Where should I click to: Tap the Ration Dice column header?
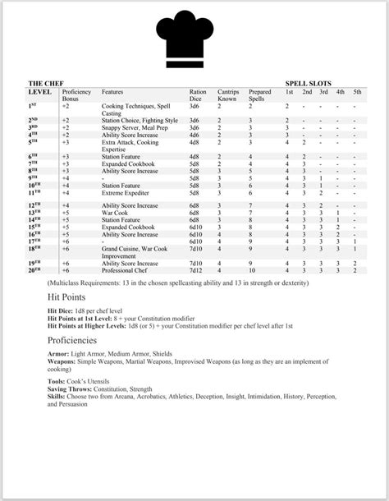(x=198, y=94)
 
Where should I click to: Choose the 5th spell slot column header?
(x=355, y=92)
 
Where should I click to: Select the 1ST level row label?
(x=33, y=106)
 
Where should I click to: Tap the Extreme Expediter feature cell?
(x=127, y=192)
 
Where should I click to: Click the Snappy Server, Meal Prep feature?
(x=135, y=128)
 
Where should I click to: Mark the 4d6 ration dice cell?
(x=194, y=135)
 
